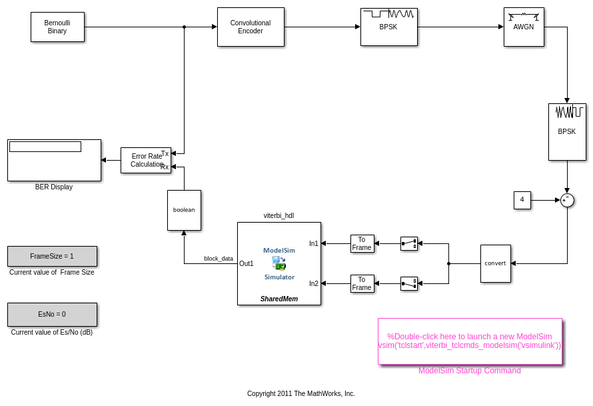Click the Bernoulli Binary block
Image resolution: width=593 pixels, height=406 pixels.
[57, 27]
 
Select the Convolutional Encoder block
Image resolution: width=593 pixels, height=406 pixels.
[251, 27]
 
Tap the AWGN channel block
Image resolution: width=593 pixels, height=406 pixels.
[524, 27]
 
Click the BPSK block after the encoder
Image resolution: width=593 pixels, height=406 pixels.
[389, 27]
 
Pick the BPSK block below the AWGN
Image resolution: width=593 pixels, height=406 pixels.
[567, 131]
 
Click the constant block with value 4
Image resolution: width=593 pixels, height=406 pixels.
[522, 200]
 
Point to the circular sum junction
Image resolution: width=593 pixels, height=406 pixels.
[567, 200]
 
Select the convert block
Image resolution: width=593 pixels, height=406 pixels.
[495, 263]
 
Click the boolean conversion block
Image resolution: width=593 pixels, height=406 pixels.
[184, 210]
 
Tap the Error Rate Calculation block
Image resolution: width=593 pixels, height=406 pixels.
[145, 160]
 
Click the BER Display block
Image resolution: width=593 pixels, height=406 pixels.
[54, 160]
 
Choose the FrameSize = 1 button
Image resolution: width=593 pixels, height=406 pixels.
[52, 256]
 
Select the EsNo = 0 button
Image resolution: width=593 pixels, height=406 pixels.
[52, 314]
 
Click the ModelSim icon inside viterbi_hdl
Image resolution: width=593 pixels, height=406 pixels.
[279, 263]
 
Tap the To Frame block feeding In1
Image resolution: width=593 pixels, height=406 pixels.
[362, 243]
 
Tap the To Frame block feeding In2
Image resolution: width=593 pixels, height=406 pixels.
[362, 283]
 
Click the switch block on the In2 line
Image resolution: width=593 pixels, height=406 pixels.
[409, 283]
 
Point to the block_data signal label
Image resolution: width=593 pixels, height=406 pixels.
[219, 259]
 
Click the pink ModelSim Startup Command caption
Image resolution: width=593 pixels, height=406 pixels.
[470, 371]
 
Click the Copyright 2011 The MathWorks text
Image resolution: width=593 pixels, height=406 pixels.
[301, 393]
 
